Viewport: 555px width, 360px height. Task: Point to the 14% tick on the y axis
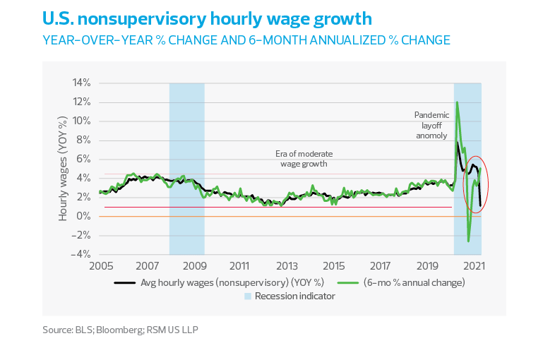(x=81, y=83)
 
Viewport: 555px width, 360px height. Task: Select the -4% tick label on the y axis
(x=81, y=254)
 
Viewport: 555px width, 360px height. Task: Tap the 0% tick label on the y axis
(x=84, y=216)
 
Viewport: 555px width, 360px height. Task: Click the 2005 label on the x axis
(x=102, y=268)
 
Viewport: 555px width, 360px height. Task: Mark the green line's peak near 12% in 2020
(x=457, y=102)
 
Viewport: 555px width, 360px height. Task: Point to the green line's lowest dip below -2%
(x=468, y=241)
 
